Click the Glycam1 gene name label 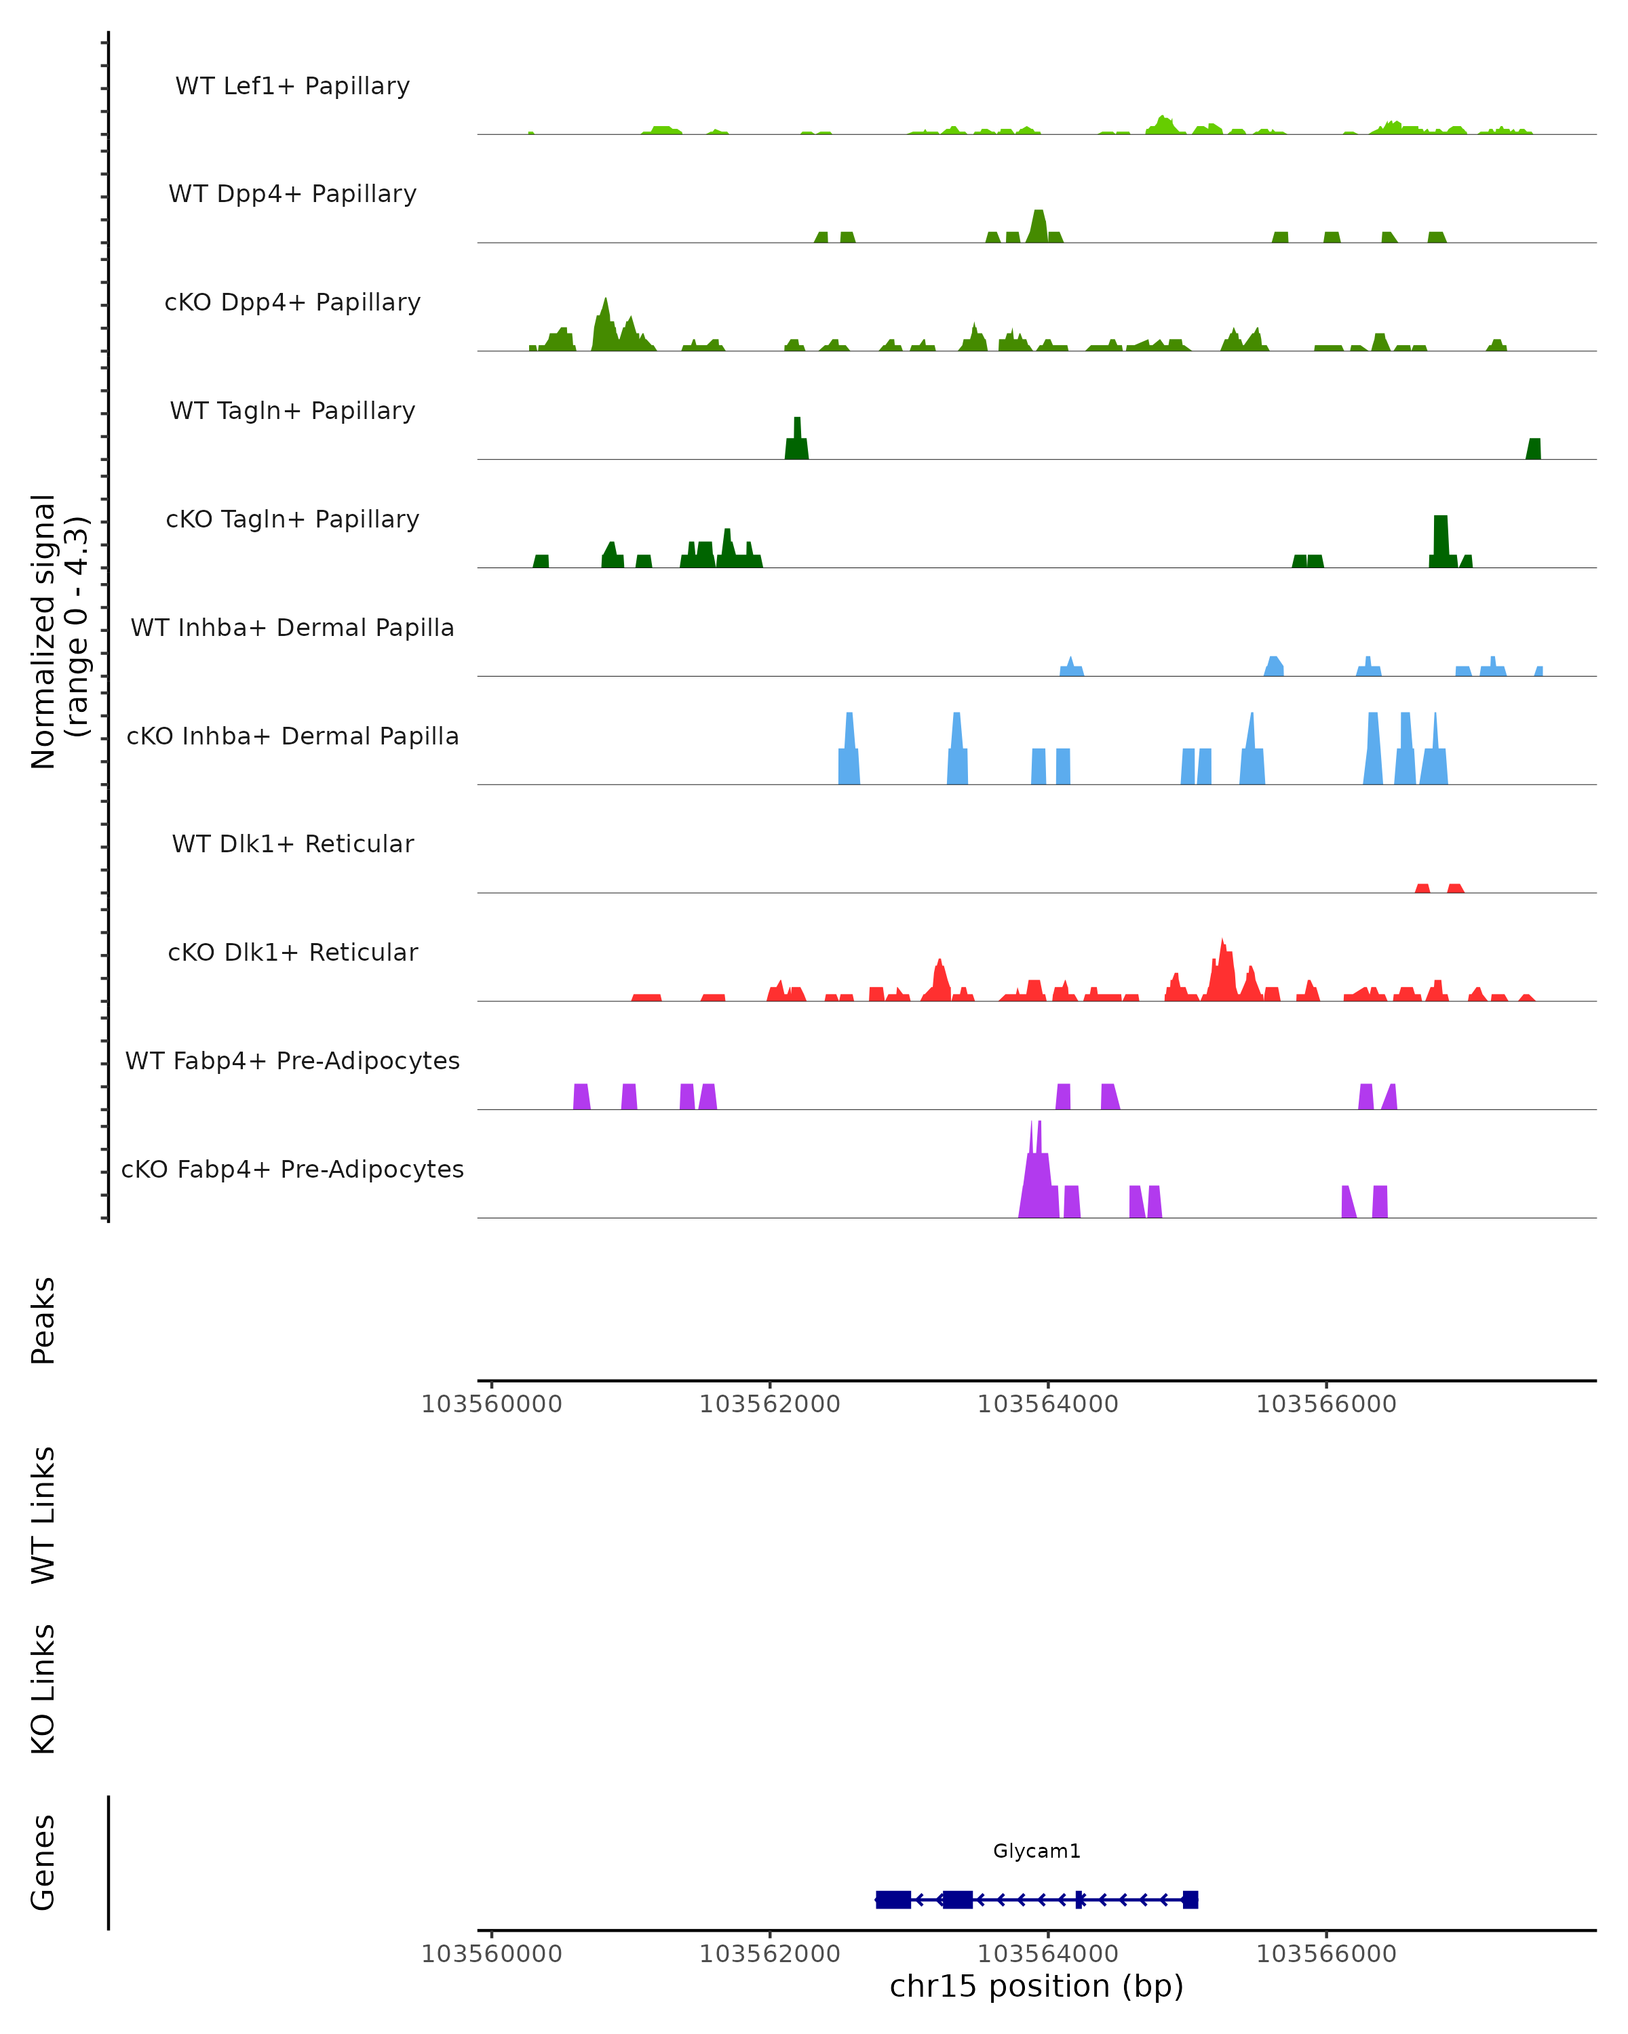(1036, 1851)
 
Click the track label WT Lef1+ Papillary (292, 86)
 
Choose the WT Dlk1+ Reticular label (292, 843)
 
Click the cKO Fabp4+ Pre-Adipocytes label (292, 1169)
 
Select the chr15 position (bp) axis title (1036, 1986)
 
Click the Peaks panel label (43, 1320)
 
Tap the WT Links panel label (43, 1514)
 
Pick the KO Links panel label (43, 1689)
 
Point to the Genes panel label (43, 1862)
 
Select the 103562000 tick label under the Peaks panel (769, 1404)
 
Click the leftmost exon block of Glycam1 (893, 1900)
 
